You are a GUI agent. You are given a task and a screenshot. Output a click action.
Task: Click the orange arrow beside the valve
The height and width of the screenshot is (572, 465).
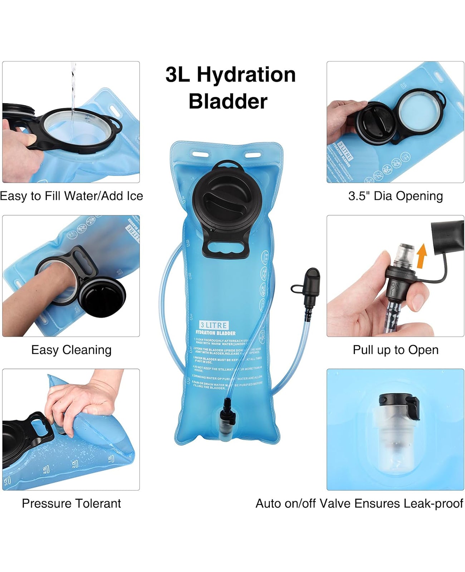coord(422,256)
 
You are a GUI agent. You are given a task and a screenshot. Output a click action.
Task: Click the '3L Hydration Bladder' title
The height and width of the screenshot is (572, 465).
coord(230,88)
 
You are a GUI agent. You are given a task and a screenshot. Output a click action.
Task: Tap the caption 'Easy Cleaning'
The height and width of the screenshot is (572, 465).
coord(71,350)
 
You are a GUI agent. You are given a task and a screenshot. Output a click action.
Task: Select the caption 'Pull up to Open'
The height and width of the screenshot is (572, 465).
coord(395,350)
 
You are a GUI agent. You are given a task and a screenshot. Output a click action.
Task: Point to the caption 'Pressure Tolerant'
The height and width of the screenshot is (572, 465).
coord(71,503)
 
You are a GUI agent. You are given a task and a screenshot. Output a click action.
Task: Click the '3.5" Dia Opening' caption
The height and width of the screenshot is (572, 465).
coord(395,196)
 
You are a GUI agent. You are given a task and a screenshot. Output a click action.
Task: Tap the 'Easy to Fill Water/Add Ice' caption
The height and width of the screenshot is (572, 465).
coord(71,196)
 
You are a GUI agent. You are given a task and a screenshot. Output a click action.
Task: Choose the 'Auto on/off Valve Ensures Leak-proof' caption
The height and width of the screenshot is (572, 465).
coord(359,503)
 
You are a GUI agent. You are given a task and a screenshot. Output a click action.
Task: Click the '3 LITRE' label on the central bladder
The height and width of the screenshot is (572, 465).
coord(214,325)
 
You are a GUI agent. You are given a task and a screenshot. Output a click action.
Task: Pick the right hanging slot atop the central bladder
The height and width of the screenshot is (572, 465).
coord(253,155)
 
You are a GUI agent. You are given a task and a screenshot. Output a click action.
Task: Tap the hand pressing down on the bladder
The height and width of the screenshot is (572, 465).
coord(82,400)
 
